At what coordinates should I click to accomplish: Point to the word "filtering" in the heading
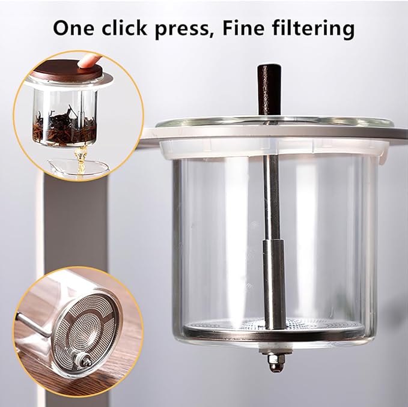(x=318, y=28)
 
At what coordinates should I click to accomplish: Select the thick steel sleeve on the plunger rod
(x=273, y=282)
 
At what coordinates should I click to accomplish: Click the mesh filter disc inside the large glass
(x=228, y=327)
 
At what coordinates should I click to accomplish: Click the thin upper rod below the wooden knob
(x=272, y=180)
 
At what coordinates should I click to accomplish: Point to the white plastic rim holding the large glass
(x=270, y=149)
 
